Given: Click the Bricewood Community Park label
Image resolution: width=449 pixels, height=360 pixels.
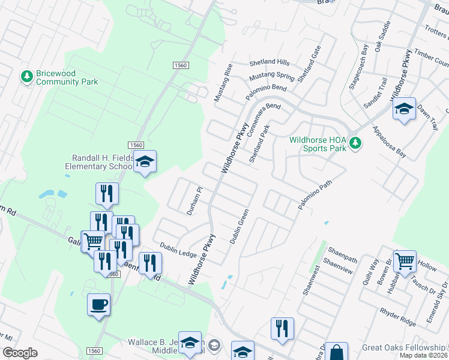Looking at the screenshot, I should [x=64, y=77].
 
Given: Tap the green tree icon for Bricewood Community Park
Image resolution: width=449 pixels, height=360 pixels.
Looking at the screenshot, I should [x=26, y=76].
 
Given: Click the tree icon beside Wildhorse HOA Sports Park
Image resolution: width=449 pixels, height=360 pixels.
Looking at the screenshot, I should [x=355, y=143].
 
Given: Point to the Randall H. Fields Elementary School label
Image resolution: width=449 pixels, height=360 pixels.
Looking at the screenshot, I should [x=99, y=162].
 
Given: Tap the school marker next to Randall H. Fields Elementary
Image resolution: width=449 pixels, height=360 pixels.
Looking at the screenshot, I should [x=145, y=161].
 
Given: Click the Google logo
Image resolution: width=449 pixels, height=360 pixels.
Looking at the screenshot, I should [x=20, y=353].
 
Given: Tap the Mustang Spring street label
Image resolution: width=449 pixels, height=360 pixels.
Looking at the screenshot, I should [x=272, y=76].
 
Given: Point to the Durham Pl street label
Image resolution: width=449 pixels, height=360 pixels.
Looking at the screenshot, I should [x=196, y=194].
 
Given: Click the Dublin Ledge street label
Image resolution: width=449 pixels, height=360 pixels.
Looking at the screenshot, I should [x=178, y=250].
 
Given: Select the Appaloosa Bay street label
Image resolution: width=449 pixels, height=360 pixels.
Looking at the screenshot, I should [x=389, y=142].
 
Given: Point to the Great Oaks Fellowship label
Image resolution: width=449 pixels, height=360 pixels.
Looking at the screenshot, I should [x=403, y=348].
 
